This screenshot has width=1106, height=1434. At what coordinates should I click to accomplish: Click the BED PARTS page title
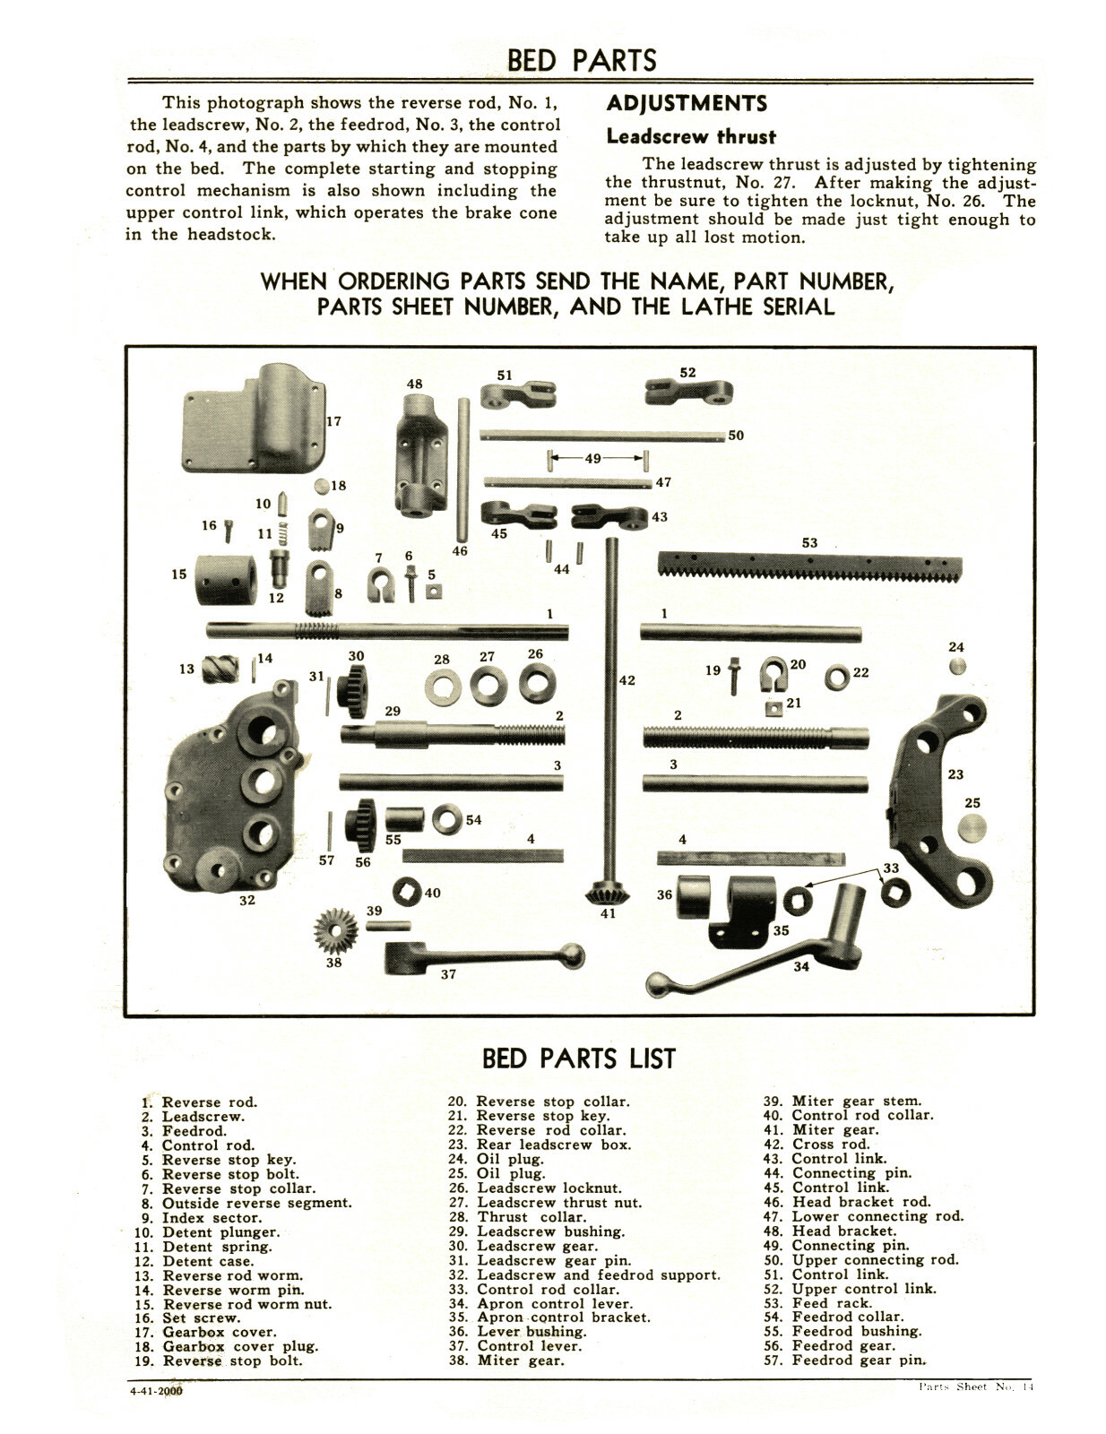click(x=581, y=60)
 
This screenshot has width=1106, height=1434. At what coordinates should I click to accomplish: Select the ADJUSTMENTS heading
click(x=687, y=103)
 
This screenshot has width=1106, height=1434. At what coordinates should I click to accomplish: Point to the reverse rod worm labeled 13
click(x=220, y=669)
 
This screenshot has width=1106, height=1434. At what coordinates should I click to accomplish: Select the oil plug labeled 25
click(x=972, y=828)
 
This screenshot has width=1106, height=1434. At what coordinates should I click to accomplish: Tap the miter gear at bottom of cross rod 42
click(x=608, y=893)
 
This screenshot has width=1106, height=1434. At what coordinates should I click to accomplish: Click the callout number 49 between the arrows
click(x=593, y=459)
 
